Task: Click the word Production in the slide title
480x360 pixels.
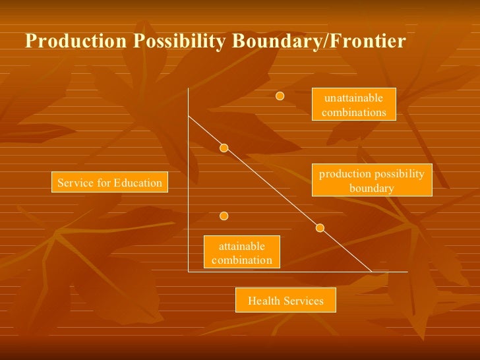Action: pos(75,42)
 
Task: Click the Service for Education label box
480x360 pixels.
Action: pos(110,183)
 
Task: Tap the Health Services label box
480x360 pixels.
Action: pos(285,301)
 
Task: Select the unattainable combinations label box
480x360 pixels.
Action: pos(354,105)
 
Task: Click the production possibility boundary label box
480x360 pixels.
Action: pos(372,181)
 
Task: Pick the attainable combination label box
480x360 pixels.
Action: pos(242,253)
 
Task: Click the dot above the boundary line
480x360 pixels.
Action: pos(280,97)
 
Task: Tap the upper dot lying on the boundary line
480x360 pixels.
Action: pos(224,148)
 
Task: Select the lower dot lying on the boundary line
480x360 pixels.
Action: pos(320,228)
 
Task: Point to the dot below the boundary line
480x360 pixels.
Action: pos(224,216)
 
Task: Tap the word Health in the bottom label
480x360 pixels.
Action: pos(262,301)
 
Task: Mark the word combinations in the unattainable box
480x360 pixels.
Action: pos(354,112)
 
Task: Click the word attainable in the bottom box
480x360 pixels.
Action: pos(242,246)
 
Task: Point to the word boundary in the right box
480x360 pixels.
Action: pos(372,189)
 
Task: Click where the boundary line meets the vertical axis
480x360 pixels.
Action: pos(189,115)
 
